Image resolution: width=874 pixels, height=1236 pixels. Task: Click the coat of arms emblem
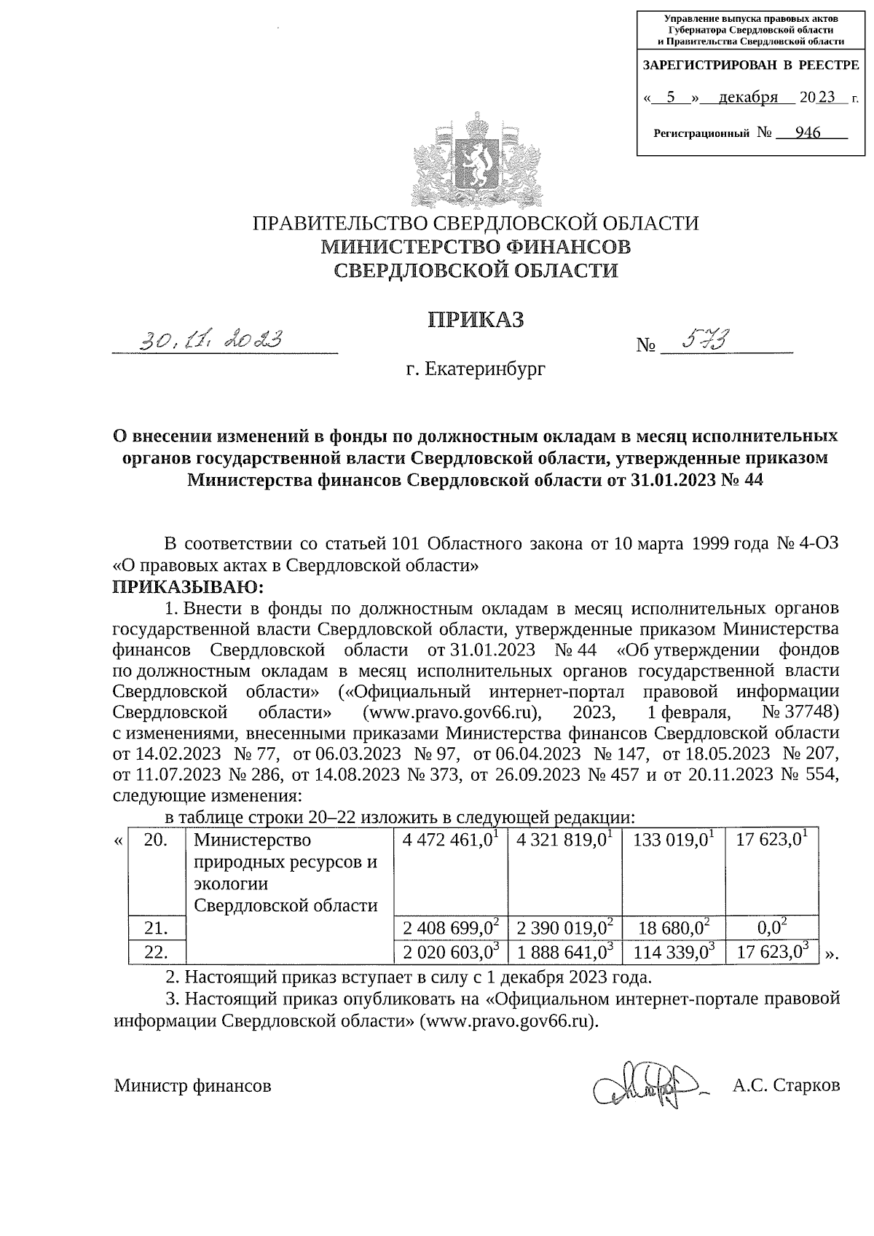coord(477,160)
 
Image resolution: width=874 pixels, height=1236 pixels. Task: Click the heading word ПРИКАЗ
coord(475,320)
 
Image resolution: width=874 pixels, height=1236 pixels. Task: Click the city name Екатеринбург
coord(476,369)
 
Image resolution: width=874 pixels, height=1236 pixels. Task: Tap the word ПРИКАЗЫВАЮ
coord(186,586)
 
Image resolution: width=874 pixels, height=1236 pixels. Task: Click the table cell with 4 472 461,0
coord(449,840)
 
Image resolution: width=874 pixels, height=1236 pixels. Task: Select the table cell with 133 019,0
coord(674,840)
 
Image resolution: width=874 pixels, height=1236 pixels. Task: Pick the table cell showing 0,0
coord(772,928)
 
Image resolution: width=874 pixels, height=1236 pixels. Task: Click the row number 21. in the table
coord(157,928)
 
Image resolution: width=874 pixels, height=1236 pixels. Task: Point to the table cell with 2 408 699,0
coord(449,928)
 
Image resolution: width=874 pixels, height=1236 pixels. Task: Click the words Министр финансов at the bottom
coord(192,1086)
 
